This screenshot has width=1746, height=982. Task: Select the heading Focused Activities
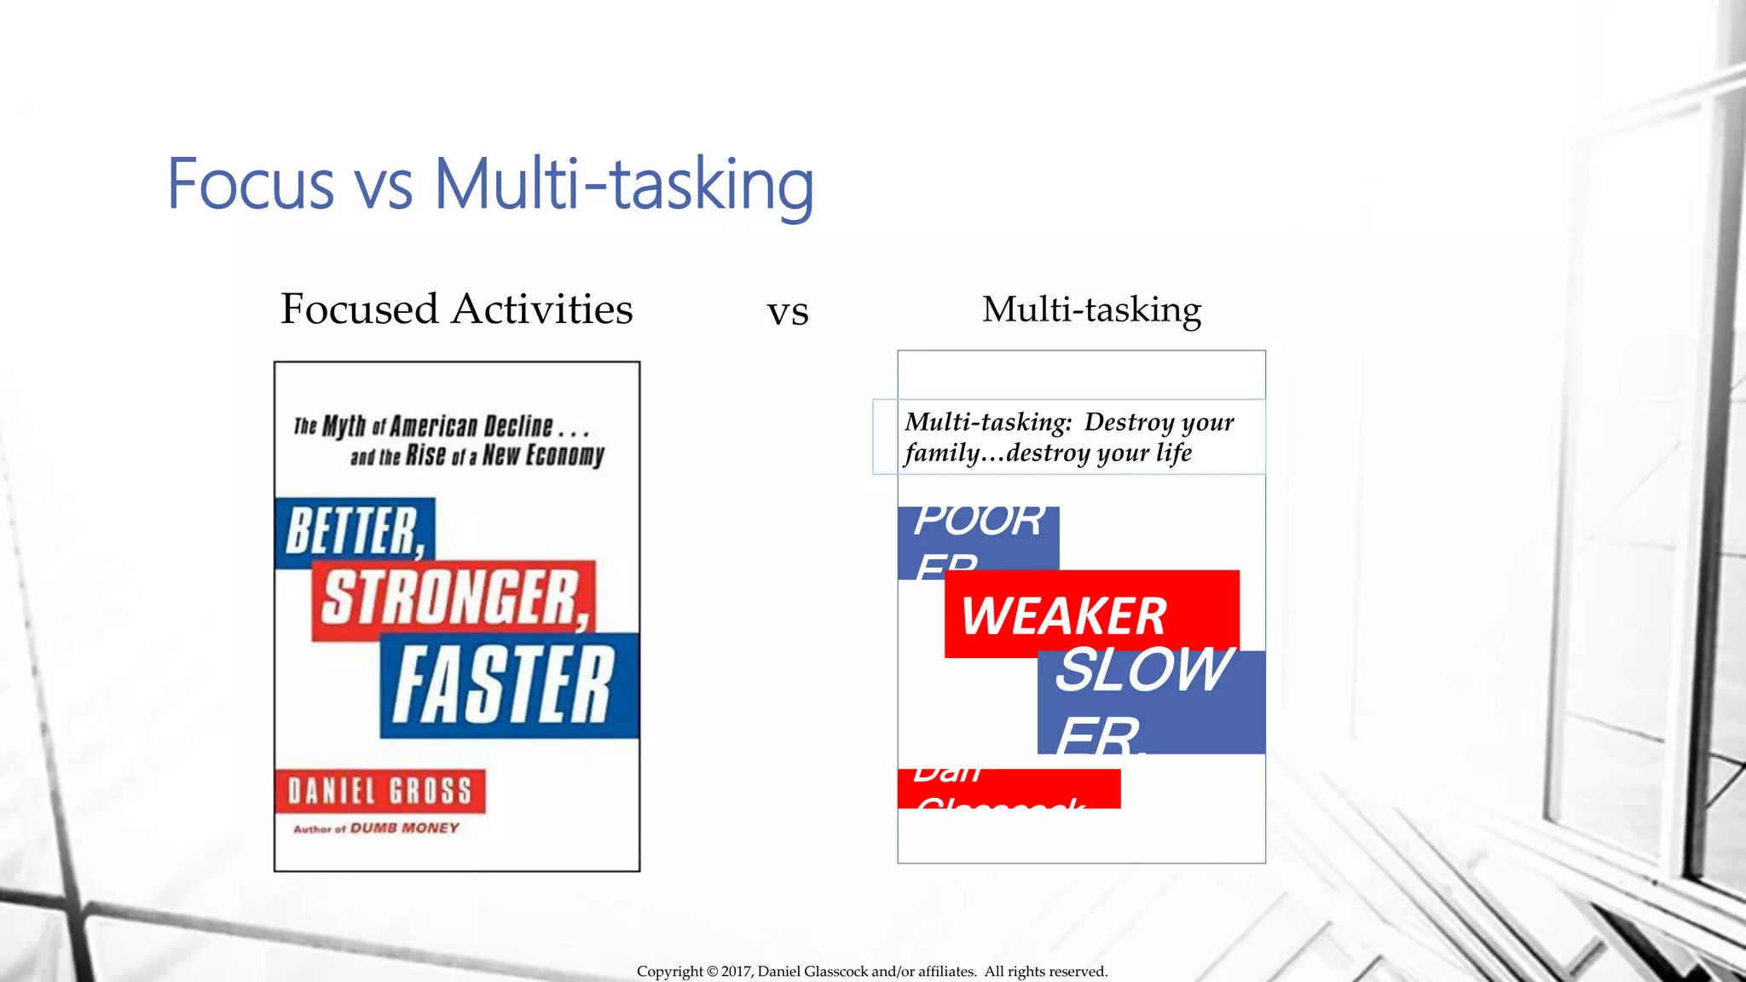pos(456,309)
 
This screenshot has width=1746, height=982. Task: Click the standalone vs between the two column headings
pos(788,312)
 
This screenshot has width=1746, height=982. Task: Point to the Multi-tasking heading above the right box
pos(1091,309)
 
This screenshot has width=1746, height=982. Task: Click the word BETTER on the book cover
pos(355,532)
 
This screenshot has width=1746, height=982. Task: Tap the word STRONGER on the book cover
pos(455,598)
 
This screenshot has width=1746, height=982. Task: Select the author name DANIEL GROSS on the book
pos(379,791)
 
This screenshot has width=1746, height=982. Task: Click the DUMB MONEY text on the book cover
pos(404,828)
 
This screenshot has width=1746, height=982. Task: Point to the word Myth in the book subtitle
pos(344,425)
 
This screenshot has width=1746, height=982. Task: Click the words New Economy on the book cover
pos(543,455)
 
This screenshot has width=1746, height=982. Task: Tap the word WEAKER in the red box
pos(1063,615)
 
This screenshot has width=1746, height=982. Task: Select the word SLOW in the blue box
pos(1142,670)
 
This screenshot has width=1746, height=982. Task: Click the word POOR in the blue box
pos(979,520)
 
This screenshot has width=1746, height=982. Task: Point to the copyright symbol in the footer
pos(712,972)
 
